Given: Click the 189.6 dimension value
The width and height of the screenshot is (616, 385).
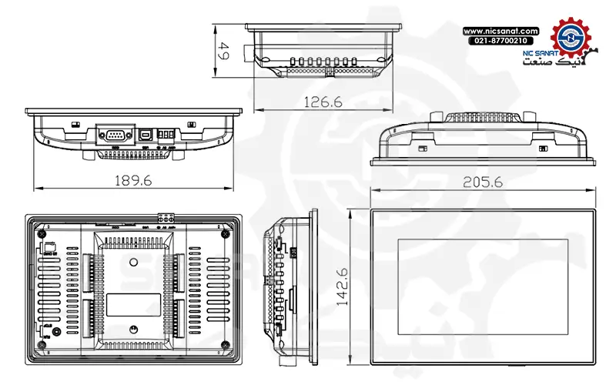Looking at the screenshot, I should point(133,179).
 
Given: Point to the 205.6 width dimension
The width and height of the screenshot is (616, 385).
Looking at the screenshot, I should point(483,182).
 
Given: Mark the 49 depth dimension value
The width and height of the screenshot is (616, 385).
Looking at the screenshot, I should point(225,52).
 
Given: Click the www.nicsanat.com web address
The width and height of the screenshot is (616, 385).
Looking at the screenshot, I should point(500,30).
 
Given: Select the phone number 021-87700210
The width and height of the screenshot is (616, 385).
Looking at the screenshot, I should point(500,40).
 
